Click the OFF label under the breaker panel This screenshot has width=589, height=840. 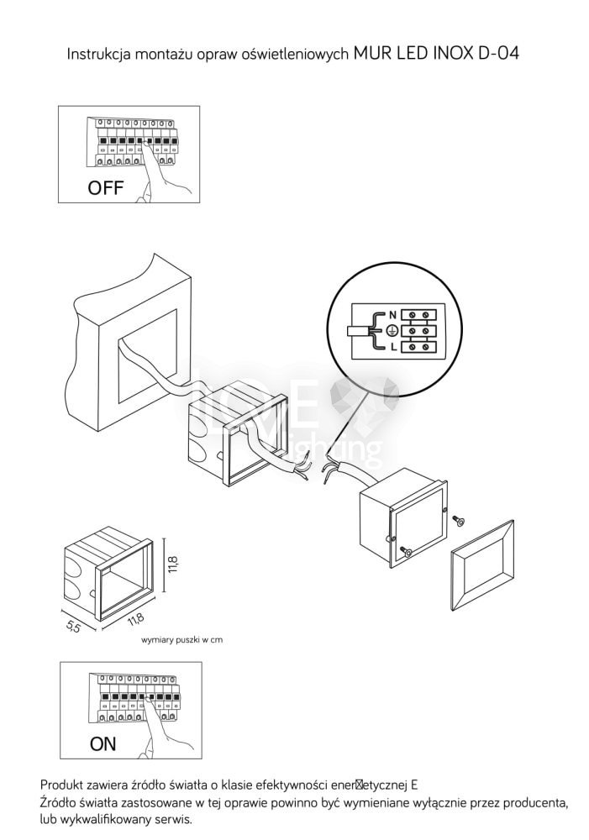(106, 188)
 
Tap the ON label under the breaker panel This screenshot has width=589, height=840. (103, 744)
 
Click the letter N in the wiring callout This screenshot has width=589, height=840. (392, 316)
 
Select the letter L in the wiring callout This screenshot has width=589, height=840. (392, 346)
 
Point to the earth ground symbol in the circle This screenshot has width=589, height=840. (392, 331)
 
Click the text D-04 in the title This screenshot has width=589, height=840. (497, 55)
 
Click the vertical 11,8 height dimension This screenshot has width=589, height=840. (174, 563)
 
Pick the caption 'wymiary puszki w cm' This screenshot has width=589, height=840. (182, 639)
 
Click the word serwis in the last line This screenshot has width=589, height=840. (174, 819)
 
